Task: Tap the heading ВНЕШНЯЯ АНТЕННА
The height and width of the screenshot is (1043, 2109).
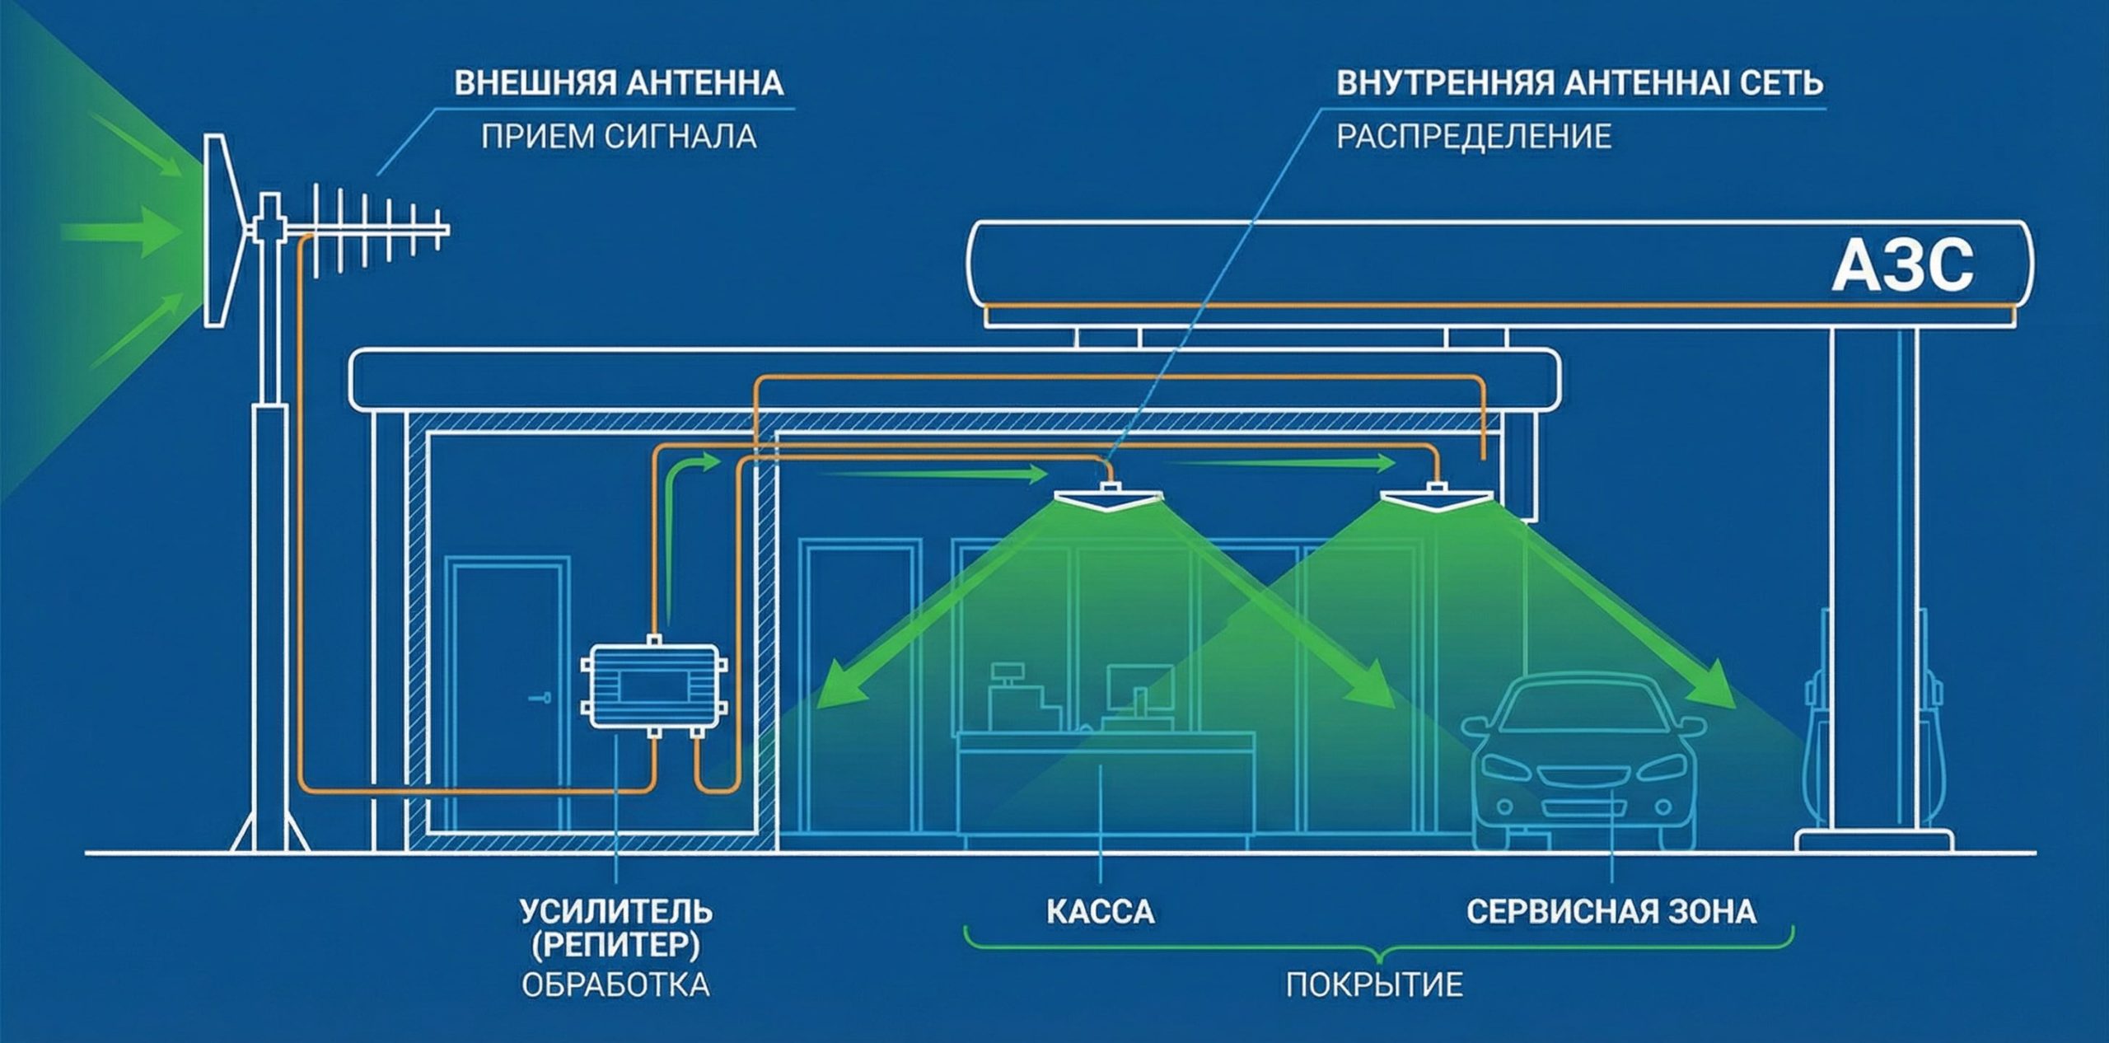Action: (x=618, y=84)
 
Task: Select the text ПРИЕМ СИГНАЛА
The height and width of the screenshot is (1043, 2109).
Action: (x=618, y=137)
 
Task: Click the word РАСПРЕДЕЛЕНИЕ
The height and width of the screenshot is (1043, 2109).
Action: (x=1473, y=137)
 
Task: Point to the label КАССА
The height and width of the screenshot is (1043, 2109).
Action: (x=1100, y=912)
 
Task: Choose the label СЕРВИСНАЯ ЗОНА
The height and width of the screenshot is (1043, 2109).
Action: (x=1611, y=912)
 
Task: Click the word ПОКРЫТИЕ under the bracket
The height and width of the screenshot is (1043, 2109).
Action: (x=1374, y=985)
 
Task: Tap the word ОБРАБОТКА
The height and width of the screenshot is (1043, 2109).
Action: (x=615, y=985)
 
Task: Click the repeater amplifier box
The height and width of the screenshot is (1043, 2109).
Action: (x=653, y=685)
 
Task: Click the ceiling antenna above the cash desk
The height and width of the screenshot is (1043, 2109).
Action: (x=1110, y=498)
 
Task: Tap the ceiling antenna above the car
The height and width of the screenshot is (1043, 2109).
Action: (x=1437, y=498)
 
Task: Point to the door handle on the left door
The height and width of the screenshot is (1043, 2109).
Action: (x=540, y=698)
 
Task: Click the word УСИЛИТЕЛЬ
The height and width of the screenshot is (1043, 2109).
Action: (x=615, y=912)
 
